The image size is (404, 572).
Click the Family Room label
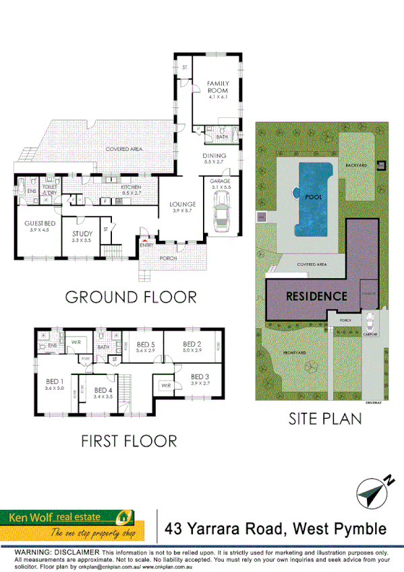[217, 87]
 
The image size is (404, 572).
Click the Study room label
[82, 235]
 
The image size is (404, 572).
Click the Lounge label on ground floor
[183, 204]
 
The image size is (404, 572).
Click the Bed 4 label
[103, 391]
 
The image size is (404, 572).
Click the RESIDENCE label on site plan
[316, 295]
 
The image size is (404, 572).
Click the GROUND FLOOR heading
[130, 297]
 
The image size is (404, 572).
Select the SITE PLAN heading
[325, 418]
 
